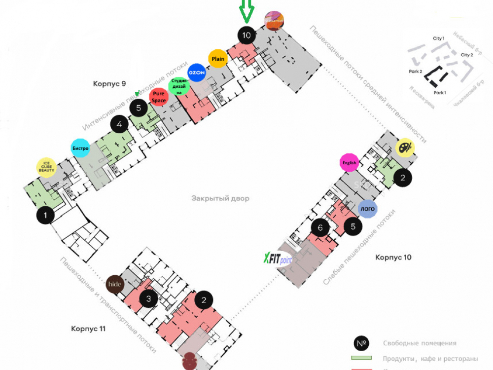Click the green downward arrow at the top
[x=246, y=11]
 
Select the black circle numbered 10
[x=246, y=35]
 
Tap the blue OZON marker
[x=197, y=72]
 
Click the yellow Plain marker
[x=217, y=59]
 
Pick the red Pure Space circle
[x=159, y=97]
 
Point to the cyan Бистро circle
[x=80, y=148]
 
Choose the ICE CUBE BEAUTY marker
[x=47, y=167]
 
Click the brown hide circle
[x=115, y=285]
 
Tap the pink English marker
[x=349, y=163]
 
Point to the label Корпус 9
[x=109, y=84]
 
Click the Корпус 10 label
[x=393, y=257]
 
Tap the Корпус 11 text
[x=88, y=329]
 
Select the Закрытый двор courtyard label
[x=220, y=198]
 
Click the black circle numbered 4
[x=119, y=125]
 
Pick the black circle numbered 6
[x=320, y=228]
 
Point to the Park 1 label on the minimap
[x=440, y=92]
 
